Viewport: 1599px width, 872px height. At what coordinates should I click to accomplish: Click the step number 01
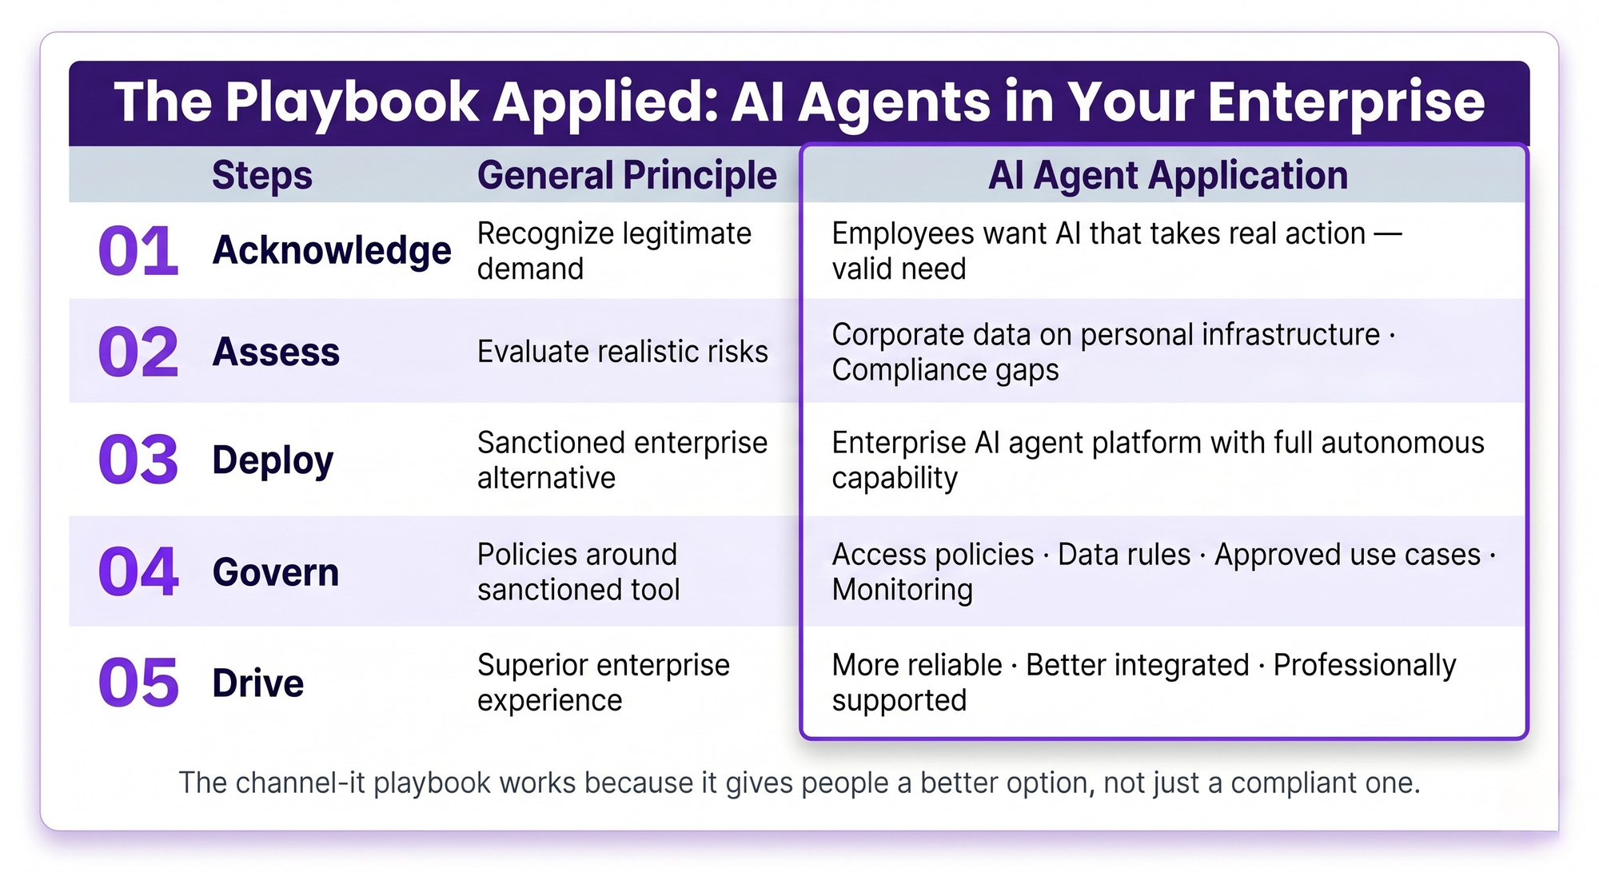click(138, 251)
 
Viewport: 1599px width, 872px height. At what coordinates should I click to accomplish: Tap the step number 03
click(138, 460)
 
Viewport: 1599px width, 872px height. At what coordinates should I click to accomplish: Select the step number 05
click(138, 683)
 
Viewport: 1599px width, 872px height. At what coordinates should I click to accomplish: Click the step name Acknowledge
click(332, 251)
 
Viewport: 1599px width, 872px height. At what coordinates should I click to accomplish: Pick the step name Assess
click(276, 352)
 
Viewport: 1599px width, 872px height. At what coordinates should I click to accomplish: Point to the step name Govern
click(276, 572)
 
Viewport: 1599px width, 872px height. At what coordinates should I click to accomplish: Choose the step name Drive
click(258, 683)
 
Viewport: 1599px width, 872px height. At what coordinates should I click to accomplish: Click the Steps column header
click(262, 176)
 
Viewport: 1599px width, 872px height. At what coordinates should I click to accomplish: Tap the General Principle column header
click(627, 176)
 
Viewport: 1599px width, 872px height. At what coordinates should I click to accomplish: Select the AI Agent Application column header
click(1168, 176)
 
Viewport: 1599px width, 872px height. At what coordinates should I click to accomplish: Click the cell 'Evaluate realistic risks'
click(623, 352)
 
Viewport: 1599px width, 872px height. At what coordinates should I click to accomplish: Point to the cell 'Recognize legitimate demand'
click(615, 251)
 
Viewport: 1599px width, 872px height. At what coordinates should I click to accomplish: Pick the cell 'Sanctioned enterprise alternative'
click(623, 460)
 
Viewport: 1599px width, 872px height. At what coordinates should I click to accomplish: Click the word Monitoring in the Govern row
click(903, 590)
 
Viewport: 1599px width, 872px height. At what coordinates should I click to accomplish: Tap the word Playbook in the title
click(352, 102)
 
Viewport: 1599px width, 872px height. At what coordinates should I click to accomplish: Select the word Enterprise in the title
click(1346, 102)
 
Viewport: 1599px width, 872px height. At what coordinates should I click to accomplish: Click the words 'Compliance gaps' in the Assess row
click(946, 370)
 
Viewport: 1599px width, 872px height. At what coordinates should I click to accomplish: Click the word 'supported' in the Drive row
click(899, 701)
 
